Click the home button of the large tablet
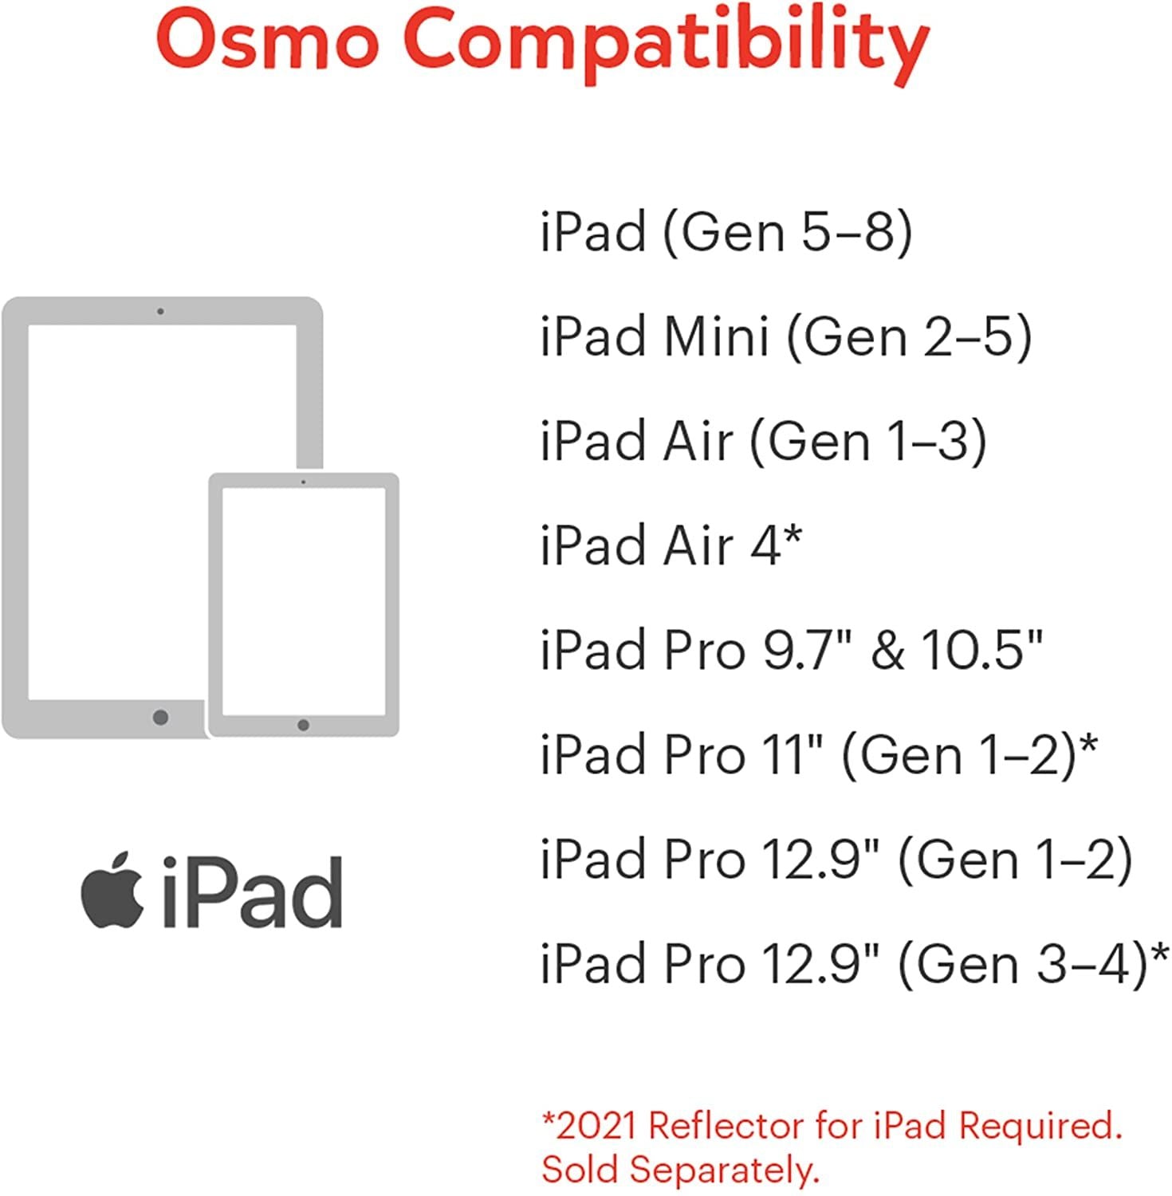click(160, 717)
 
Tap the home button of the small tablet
click(303, 725)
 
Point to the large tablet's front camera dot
click(160, 311)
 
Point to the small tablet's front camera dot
click(303, 482)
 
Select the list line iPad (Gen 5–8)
click(726, 232)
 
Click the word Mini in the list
click(717, 335)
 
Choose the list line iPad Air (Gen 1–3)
click(764, 441)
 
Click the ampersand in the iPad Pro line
click(887, 650)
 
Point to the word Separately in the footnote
click(724, 1170)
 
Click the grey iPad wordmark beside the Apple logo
click(252, 892)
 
